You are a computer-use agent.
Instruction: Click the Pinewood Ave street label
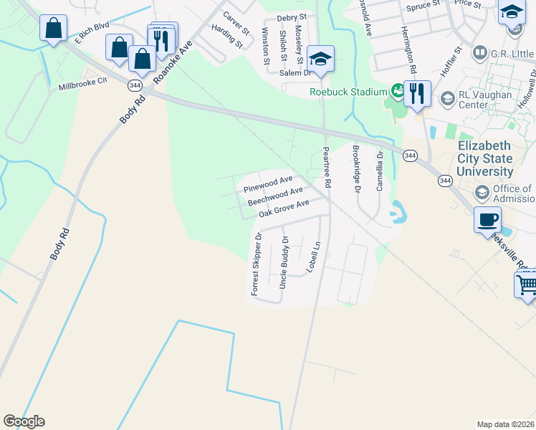tap(267, 184)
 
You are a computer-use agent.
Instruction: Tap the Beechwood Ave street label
tap(275, 196)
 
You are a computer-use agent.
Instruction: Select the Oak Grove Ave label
tap(284, 209)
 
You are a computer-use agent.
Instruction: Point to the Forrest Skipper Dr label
tap(256, 264)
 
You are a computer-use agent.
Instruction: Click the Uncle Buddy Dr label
tap(284, 262)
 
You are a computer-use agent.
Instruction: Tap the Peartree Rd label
tap(327, 168)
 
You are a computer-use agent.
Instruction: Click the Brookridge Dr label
tap(355, 169)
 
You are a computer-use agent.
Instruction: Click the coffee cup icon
tap(487, 219)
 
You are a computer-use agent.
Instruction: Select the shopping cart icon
tap(526, 285)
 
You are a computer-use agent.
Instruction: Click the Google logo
tap(24, 421)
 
